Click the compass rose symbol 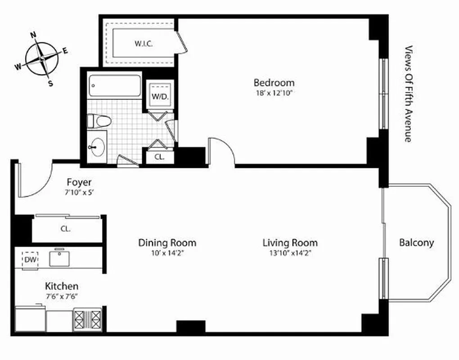pyautogui.click(x=41, y=58)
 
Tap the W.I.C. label pyautogui.click(x=144, y=44)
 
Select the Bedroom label pyautogui.click(x=274, y=83)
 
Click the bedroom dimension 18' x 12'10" pyautogui.click(x=274, y=93)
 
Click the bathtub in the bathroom pyautogui.click(x=114, y=85)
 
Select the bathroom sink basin pyautogui.click(x=97, y=146)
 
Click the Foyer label pyautogui.click(x=79, y=182)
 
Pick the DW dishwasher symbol pyautogui.click(x=30, y=260)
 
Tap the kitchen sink pyautogui.click(x=60, y=258)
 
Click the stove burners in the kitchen pyautogui.click(x=87, y=319)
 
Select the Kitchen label pyautogui.click(x=62, y=286)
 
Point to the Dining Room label pyautogui.click(x=167, y=243)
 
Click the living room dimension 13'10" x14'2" pyautogui.click(x=290, y=253)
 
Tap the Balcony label pyautogui.click(x=416, y=243)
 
